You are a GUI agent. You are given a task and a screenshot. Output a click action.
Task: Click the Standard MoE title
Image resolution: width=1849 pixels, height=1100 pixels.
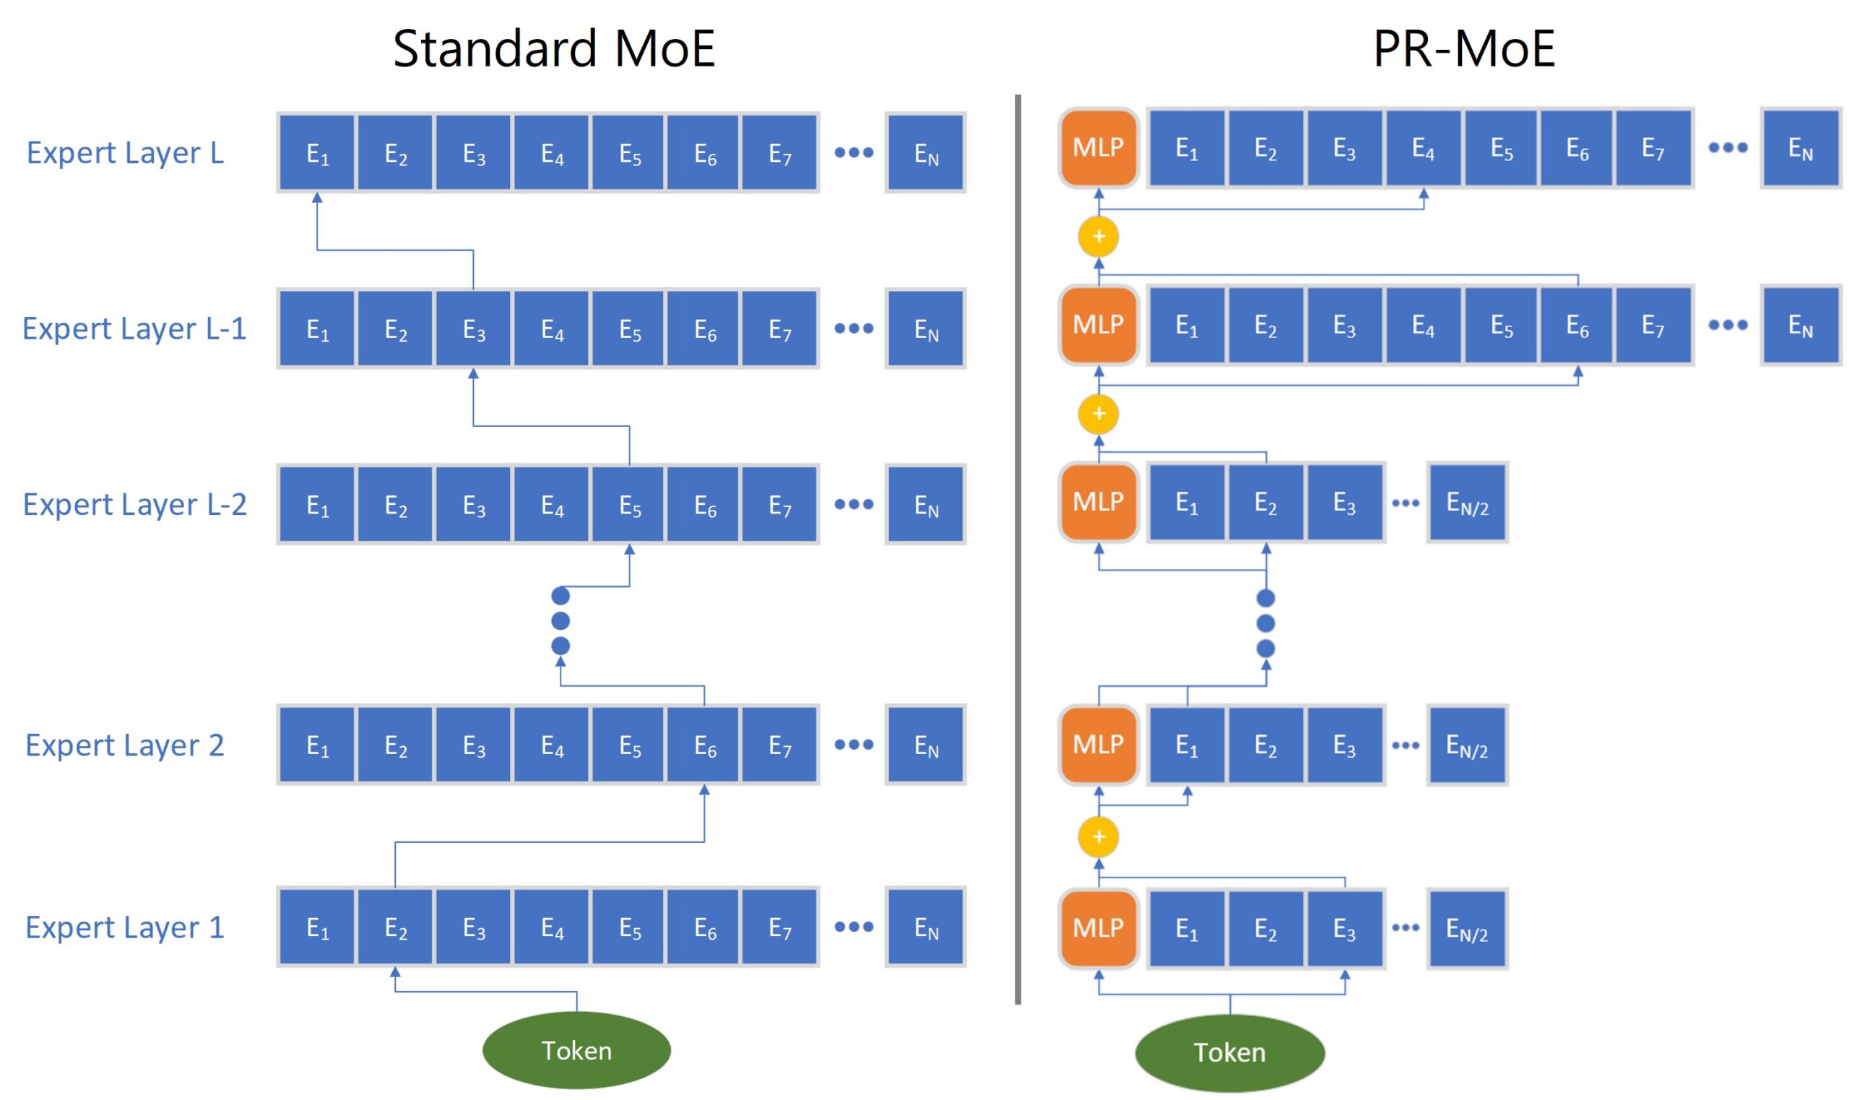point(553,49)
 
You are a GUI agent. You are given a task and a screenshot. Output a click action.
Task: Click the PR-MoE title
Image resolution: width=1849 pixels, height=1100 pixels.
point(1463,49)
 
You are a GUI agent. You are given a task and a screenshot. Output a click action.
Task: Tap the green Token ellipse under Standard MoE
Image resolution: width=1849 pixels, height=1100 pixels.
point(576,1050)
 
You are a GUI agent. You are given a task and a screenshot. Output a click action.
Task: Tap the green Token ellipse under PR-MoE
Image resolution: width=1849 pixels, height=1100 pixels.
point(1229,1052)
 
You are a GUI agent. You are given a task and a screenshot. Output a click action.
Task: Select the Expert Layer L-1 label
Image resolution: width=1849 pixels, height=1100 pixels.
point(134,329)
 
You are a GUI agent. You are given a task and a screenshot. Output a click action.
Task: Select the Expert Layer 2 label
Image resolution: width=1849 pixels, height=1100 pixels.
point(124,745)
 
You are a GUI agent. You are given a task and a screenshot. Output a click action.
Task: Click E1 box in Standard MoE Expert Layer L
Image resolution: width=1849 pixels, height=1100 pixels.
point(317,152)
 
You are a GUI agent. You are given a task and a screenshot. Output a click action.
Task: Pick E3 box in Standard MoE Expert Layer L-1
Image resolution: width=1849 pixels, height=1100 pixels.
point(473,329)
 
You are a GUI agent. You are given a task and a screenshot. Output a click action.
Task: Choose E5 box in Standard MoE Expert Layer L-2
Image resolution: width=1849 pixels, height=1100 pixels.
point(629,504)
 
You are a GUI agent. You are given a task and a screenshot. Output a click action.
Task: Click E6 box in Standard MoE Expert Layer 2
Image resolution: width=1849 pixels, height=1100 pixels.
point(704,745)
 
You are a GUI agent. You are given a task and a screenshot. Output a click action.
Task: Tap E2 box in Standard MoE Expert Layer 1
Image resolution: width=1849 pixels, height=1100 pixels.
point(395,927)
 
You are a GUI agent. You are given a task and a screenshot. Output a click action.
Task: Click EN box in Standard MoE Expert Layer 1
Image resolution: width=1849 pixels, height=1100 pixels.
point(925,927)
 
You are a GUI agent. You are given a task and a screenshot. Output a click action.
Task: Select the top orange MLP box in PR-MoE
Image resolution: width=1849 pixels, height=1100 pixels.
point(1098,147)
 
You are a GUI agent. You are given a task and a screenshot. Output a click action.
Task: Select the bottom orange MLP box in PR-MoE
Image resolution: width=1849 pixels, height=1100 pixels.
point(1098,928)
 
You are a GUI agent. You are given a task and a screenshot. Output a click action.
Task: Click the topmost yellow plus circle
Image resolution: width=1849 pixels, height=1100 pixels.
point(1099,236)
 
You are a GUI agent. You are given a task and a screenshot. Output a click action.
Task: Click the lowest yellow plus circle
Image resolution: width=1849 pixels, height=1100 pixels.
point(1099,837)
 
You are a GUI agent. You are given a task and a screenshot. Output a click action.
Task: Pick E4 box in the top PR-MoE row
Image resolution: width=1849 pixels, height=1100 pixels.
point(1422,147)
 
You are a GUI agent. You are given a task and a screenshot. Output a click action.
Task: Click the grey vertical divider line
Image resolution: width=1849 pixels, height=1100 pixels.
point(1018,548)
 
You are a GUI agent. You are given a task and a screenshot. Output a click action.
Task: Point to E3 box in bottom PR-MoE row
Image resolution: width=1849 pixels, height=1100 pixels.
point(1343,928)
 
